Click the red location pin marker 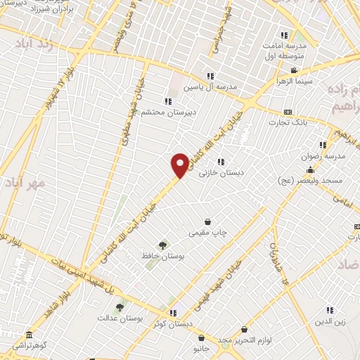(x=180, y=165)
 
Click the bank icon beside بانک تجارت (x=288, y=112)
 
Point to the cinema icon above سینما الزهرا (x=294, y=71)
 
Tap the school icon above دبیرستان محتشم (x=167, y=101)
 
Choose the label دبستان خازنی (x=216, y=172)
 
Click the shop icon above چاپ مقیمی (x=207, y=222)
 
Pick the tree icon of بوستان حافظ (x=163, y=245)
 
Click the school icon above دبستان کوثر (x=173, y=313)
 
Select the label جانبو (x=201, y=348)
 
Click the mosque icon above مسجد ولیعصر (x=310, y=171)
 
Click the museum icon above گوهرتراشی (x=29, y=335)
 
